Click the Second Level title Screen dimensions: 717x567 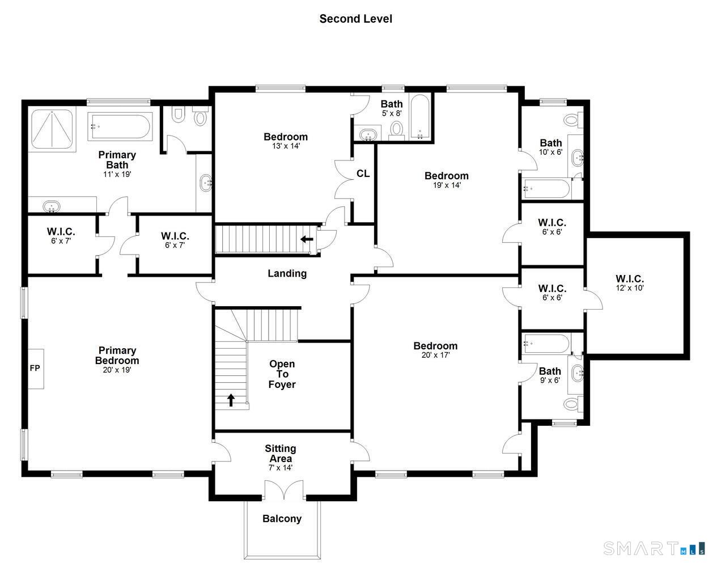pos(355,19)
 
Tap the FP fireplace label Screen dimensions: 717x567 pos(35,368)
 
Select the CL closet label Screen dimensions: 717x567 pos(363,174)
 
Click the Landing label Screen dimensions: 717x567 pos(287,273)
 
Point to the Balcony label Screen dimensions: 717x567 pos(282,519)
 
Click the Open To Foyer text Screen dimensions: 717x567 pos(282,374)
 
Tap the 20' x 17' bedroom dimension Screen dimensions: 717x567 pos(435,355)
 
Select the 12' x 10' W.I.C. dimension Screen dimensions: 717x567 pos(630,287)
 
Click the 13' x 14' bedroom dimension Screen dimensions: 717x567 pos(286,146)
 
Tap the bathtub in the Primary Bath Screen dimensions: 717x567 pos(120,126)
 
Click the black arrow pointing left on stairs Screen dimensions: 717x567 pos(307,239)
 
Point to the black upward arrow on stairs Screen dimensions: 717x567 pos(231,400)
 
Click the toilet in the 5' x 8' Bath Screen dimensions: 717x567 pos(397,130)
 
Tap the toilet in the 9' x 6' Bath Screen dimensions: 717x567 pos(574,404)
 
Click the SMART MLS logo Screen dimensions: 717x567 pos(654,548)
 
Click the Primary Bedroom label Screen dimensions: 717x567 pos(117,356)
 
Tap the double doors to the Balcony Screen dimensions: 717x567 pos(284,490)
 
